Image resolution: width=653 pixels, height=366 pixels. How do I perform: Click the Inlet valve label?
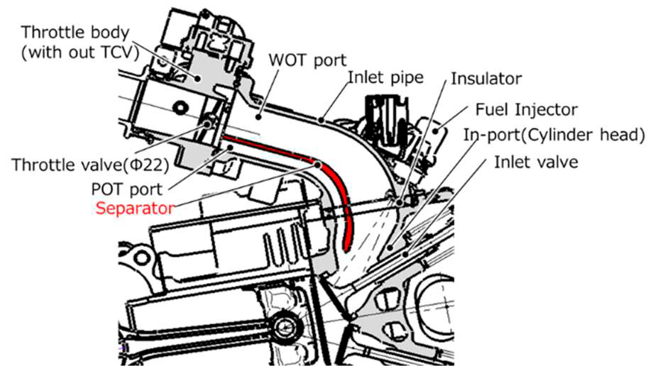pos(536,162)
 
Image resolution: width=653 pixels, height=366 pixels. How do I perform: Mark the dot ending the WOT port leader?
pos(259,111)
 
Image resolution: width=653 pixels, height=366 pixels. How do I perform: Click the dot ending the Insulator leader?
pos(401,201)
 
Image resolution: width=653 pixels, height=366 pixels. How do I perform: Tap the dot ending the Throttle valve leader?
pos(210,123)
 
